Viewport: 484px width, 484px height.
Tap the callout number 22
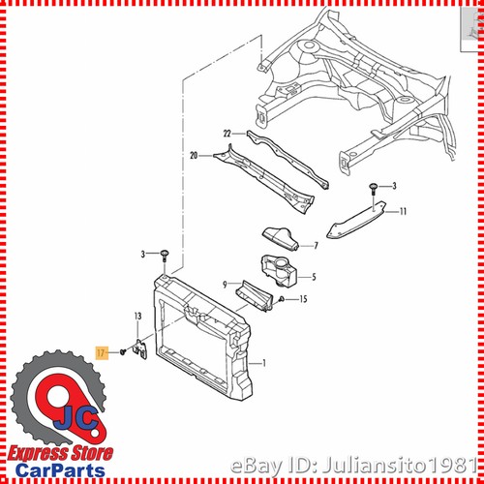[227, 133]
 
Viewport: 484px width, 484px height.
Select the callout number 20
[193, 154]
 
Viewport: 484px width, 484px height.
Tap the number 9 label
[225, 285]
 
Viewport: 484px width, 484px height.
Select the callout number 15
[304, 299]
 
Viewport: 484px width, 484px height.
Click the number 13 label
[137, 317]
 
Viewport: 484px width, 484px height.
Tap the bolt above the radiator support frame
[166, 256]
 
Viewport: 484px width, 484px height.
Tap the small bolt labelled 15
[282, 299]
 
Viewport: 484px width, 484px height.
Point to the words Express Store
[60, 451]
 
